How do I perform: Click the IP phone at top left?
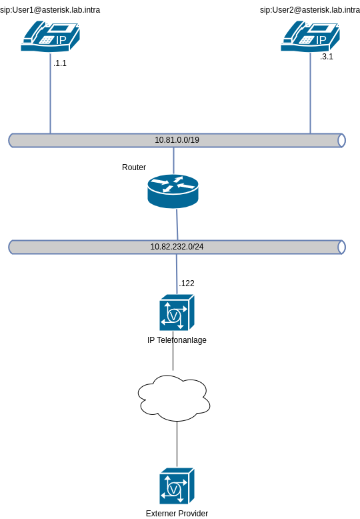(50, 36)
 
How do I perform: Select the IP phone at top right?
(310, 36)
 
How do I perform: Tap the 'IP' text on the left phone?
(61, 40)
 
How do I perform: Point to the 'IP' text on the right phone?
(321, 40)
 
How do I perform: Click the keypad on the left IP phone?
(46, 40)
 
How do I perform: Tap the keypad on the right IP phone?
(306, 40)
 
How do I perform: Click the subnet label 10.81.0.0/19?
(177, 140)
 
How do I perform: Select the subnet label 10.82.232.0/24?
(177, 247)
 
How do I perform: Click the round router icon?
(173, 191)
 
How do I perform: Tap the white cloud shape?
(173, 398)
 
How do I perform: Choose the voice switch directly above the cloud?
(177, 313)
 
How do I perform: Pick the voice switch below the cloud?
(177, 486)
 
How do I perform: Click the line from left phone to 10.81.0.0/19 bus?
(50, 93)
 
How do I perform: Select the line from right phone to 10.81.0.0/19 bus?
(310, 93)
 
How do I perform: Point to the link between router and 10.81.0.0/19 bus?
(173, 160)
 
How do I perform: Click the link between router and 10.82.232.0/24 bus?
(177, 225)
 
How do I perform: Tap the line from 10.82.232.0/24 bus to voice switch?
(177, 274)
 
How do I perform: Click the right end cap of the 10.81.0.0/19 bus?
(341, 140)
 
